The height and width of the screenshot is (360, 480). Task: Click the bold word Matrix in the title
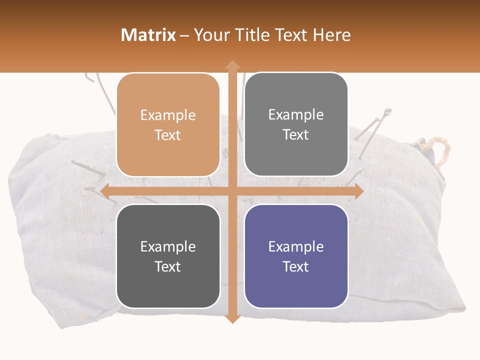click(148, 35)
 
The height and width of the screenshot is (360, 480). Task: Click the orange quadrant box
click(168, 125)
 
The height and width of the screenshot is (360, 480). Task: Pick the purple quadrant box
click(296, 256)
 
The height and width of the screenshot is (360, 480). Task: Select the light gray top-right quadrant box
click(296, 124)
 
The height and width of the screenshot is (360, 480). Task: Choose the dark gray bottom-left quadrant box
click(168, 256)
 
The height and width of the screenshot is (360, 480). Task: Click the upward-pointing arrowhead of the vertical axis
click(232, 64)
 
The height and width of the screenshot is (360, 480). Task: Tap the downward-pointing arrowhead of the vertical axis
click(232, 318)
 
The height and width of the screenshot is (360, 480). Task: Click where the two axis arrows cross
click(232, 191)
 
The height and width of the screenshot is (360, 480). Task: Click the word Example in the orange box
click(168, 115)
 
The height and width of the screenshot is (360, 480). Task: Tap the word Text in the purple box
click(296, 266)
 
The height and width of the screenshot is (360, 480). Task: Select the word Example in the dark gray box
click(168, 246)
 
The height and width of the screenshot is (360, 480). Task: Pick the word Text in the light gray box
click(296, 134)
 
